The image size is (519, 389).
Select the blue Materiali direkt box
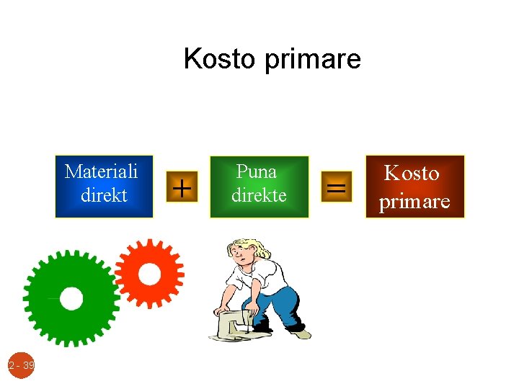click(104, 186)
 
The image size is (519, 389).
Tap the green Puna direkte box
click(259, 186)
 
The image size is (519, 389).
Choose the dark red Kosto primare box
click(414, 186)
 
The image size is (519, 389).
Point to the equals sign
click(336, 188)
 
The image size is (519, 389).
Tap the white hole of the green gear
click(71, 298)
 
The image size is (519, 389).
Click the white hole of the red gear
click(149, 274)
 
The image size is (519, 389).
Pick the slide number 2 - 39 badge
click(22, 366)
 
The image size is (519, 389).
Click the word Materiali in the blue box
click(101, 171)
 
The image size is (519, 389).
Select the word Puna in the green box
click(257, 171)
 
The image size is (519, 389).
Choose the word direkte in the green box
click(259, 195)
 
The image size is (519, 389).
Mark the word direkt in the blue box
click(104, 195)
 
